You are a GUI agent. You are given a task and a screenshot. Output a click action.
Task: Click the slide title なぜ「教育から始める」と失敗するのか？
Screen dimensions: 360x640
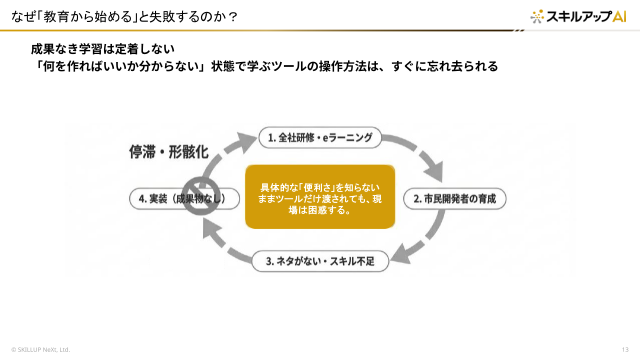pos(124,17)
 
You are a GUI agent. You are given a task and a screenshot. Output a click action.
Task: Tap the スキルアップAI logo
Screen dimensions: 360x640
pos(578,16)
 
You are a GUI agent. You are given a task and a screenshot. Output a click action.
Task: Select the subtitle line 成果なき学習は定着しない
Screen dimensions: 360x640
pos(102,49)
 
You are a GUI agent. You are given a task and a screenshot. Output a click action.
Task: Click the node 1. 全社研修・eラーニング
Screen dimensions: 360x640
pos(320,137)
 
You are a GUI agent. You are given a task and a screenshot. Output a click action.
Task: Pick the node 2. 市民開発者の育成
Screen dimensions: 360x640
pos(454,198)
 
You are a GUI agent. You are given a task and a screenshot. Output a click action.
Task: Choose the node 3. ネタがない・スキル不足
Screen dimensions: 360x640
pos(320,261)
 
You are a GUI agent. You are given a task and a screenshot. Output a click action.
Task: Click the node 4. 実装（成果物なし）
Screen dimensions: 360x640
pos(184,198)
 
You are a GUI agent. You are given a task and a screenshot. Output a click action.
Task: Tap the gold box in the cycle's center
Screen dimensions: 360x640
pos(320,196)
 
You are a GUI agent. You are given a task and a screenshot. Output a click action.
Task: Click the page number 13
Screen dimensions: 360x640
pos(625,349)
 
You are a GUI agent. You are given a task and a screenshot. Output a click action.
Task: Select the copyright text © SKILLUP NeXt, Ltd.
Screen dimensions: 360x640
pos(40,349)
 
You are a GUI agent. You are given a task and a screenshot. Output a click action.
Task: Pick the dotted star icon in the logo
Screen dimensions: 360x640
pos(537,16)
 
